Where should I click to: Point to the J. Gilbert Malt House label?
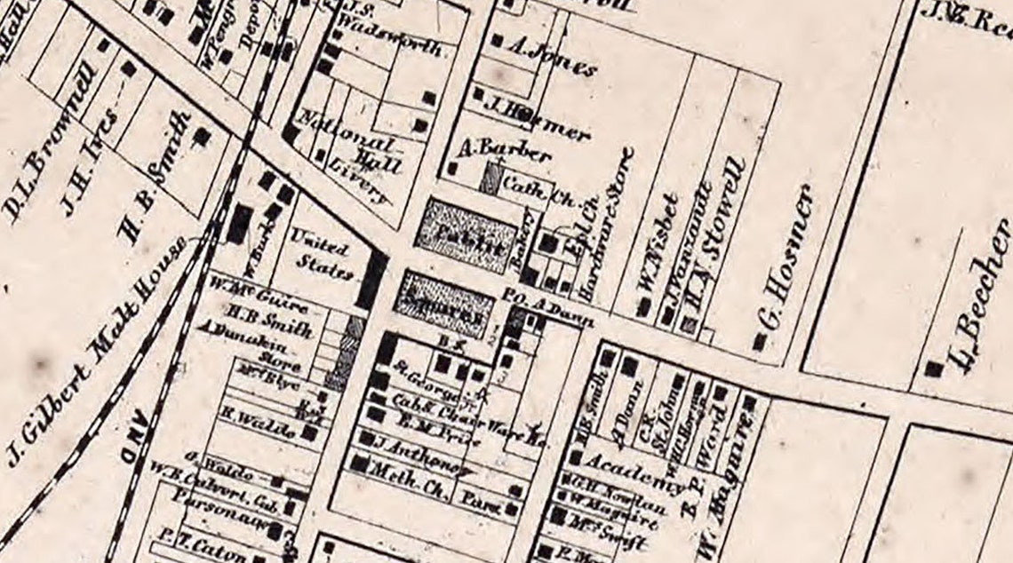pyautogui.click(x=93, y=351)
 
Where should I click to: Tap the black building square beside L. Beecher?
pyautogui.click(x=932, y=368)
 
